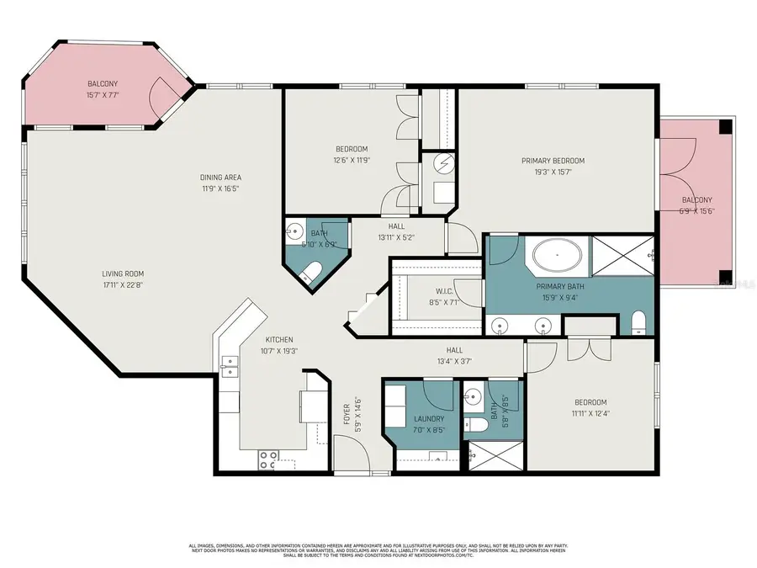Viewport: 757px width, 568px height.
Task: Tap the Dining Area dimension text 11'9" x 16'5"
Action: tap(220, 189)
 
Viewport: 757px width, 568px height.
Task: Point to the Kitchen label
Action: tap(257, 339)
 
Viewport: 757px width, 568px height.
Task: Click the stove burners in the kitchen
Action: tap(269, 459)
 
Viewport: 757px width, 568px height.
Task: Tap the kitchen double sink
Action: tap(229, 365)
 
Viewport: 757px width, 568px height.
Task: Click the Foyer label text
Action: tap(345, 414)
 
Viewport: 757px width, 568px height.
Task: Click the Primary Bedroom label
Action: tap(553, 161)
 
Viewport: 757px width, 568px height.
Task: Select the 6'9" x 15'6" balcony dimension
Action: tap(696, 211)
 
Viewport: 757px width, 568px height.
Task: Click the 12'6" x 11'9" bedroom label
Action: tap(352, 158)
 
